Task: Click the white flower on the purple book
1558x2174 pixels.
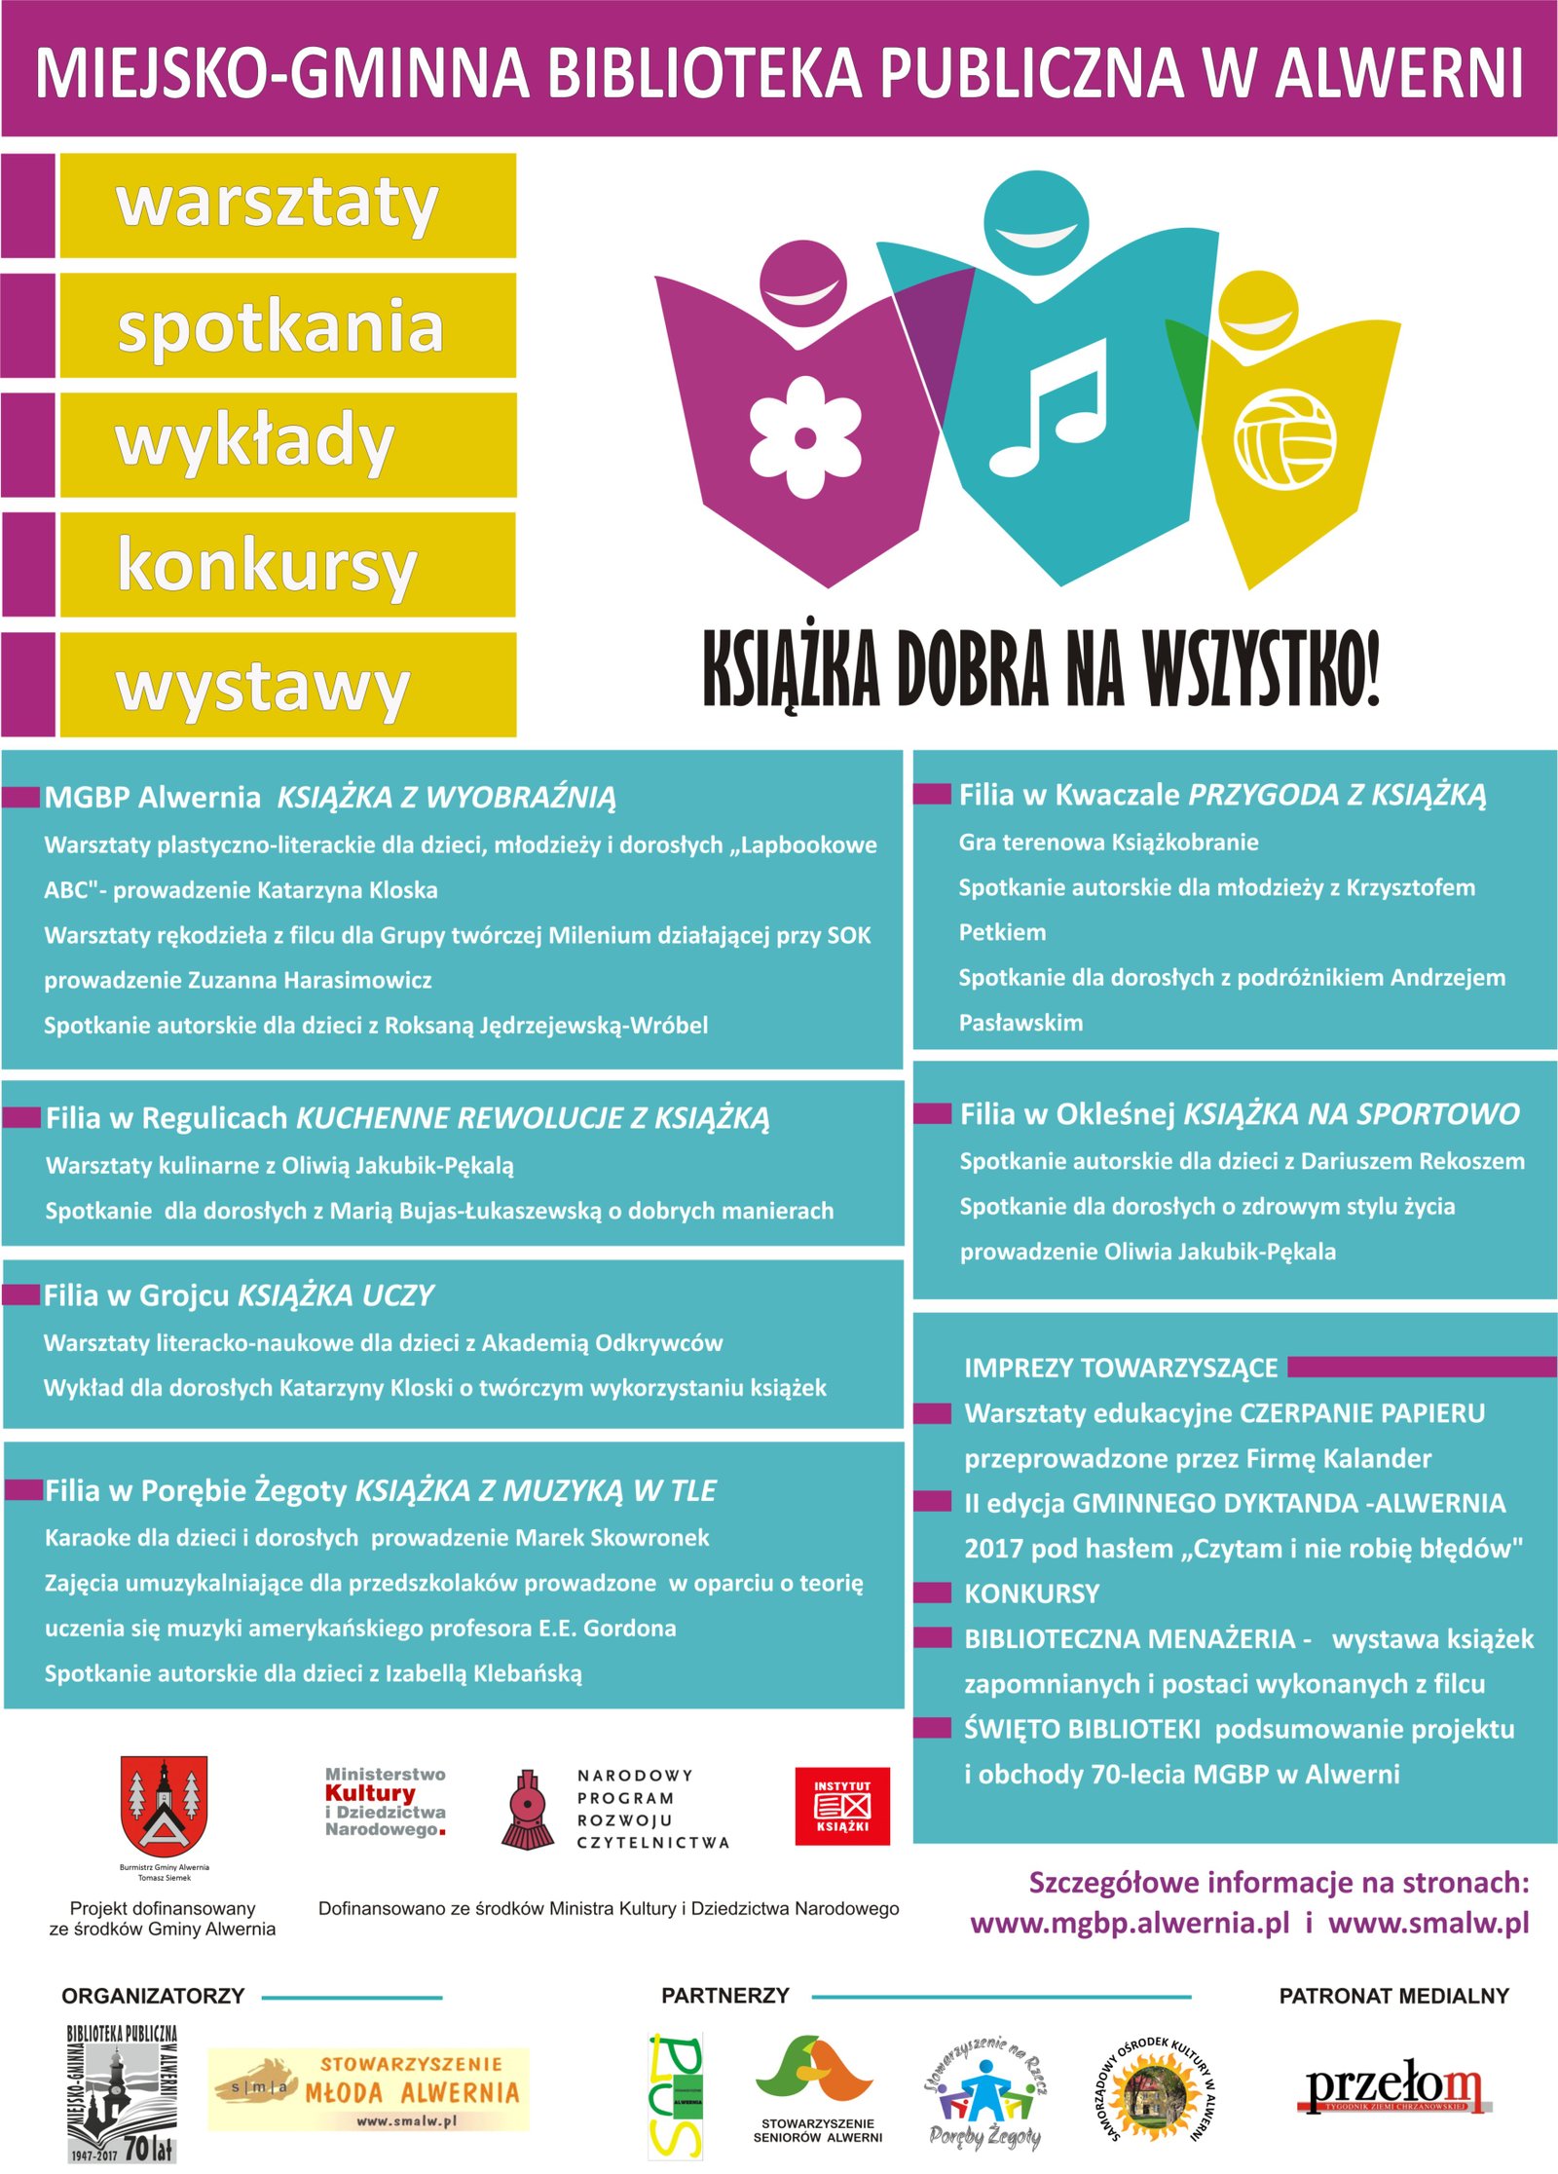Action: (x=804, y=437)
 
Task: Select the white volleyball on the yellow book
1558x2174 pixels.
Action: (x=1284, y=438)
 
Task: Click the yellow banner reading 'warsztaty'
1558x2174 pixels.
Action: (x=287, y=205)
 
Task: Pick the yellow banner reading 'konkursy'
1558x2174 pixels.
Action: (x=287, y=565)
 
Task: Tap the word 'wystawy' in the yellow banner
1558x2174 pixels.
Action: (x=263, y=687)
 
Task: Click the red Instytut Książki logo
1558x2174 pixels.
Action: (x=842, y=1806)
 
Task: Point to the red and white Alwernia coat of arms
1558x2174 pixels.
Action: (x=164, y=1806)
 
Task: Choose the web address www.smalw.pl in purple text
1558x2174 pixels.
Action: (x=1428, y=1924)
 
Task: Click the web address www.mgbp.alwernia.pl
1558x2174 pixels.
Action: (x=1130, y=1924)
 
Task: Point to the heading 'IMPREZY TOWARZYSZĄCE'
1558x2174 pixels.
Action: (x=1120, y=1368)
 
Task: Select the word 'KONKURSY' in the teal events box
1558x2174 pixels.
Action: (x=1031, y=1593)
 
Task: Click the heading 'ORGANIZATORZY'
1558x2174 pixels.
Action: (x=153, y=1996)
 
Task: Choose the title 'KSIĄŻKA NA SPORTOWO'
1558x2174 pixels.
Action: (x=1351, y=1113)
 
